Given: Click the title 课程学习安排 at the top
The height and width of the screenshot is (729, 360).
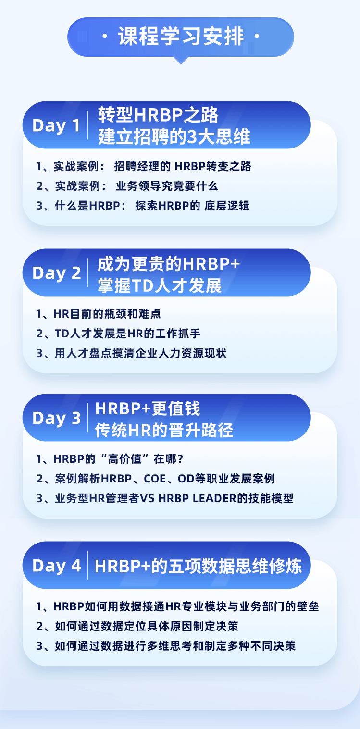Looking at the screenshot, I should (180, 37).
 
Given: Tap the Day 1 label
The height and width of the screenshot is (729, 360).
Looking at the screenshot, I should (56, 125).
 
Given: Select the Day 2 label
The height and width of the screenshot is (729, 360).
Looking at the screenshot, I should (56, 273).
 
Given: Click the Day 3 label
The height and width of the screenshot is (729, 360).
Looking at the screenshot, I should (56, 418).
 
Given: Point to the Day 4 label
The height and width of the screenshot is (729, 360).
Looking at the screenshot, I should (56, 566).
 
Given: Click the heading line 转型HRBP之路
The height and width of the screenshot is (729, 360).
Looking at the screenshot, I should (158, 115).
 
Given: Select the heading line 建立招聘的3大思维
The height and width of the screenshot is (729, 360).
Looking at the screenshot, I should (174, 137).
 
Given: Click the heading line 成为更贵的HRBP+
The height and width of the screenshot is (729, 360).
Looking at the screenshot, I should (169, 263).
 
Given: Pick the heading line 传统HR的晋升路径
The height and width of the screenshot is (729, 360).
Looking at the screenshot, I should (164, 430).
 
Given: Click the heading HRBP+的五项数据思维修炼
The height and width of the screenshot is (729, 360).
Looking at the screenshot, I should (198, 566).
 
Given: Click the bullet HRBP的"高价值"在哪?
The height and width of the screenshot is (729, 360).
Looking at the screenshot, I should (110, 459).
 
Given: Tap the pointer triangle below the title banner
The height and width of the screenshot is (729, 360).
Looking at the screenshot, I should (180, 60).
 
